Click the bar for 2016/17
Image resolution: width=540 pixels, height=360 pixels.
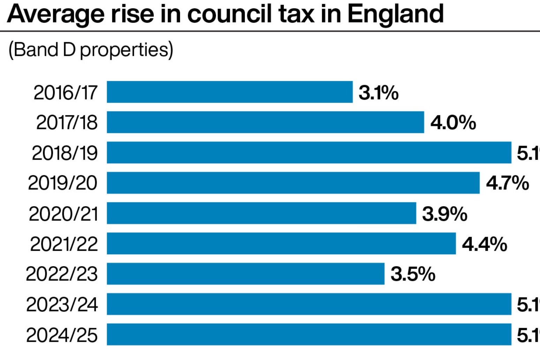(230, 92)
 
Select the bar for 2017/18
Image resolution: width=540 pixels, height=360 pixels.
(265, 122)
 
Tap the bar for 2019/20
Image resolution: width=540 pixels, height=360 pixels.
(293, 183)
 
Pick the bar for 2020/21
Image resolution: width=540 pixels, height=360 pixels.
(261, 213)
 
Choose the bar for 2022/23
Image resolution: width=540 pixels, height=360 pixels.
(246, 274)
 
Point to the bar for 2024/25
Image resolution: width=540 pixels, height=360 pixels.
(309, 335)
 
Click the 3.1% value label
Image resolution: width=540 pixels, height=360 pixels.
(378, 93)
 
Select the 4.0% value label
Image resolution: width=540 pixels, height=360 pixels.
(453, 123)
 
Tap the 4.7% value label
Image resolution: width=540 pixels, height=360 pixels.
(508, 183)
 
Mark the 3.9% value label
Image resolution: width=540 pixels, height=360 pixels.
(445, 213)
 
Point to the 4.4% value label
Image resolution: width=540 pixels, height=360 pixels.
(485, 244)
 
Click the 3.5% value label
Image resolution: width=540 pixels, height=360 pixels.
(413, 274)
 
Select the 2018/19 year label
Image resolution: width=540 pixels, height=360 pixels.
(65, 153)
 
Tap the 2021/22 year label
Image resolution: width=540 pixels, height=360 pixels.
(64, 244)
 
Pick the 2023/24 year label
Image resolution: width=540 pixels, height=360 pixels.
(62, 305)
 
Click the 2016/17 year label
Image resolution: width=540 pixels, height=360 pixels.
(66, 93)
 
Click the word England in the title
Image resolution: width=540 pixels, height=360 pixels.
(396, 15)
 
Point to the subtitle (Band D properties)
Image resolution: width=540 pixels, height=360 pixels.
(91, 50)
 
